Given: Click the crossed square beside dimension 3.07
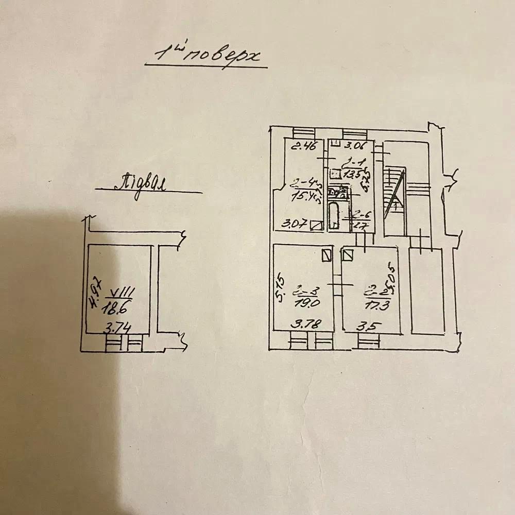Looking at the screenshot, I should (x=318, y=225).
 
